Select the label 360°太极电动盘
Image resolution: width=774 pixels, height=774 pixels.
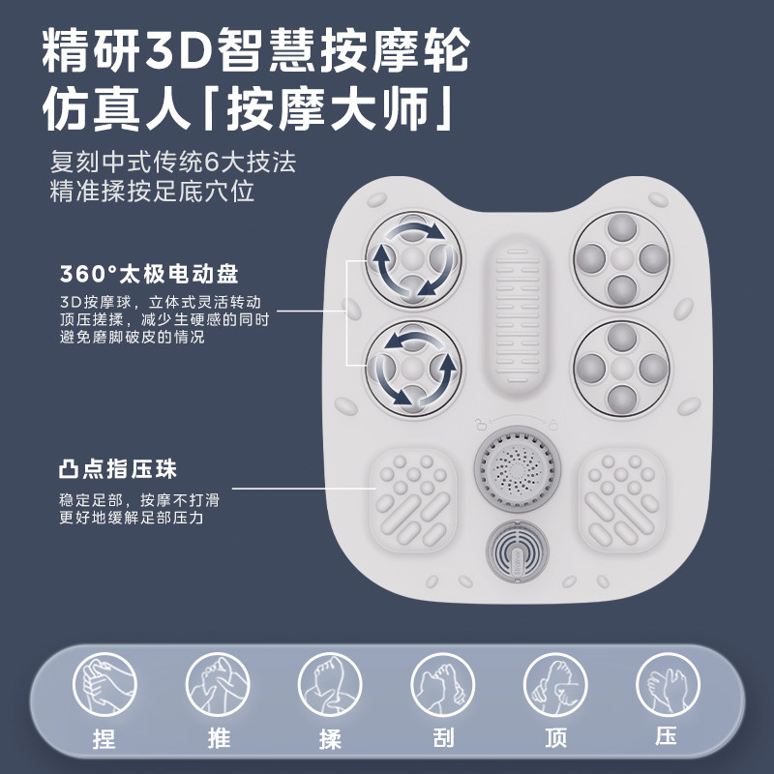pos(149,273)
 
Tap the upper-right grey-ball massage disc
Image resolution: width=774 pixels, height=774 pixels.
pos(621,258)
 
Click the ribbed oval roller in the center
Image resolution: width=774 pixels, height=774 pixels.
pos(517,319)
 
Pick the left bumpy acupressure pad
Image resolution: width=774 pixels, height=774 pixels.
pos(412,499)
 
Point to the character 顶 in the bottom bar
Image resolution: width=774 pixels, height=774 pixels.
pos(555,739)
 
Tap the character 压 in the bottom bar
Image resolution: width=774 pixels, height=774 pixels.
pos(667,737)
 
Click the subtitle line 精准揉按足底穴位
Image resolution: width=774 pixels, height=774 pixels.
pos(153,191)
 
